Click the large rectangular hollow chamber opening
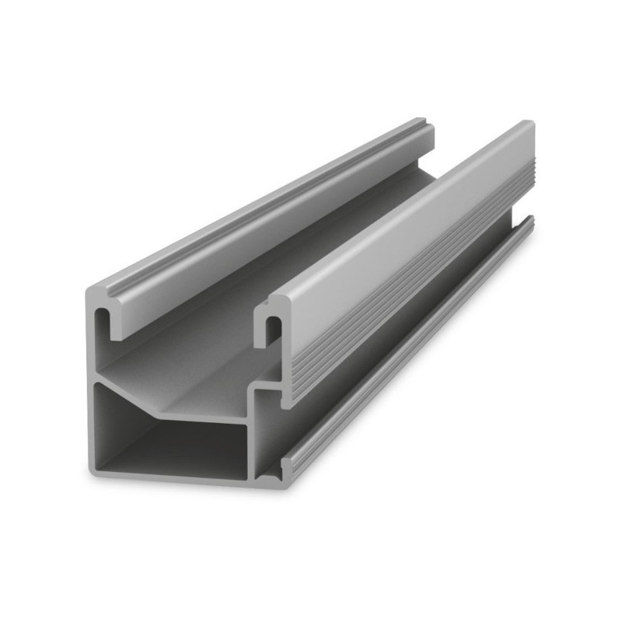click(x=167, y=439)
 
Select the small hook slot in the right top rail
click(x=273, y=331)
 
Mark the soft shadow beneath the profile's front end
click(x=194, y=488)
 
